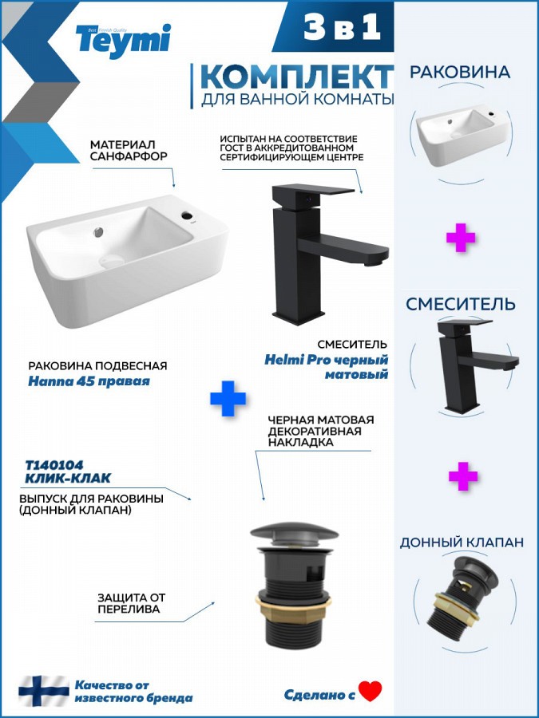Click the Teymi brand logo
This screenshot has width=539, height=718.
click(123, 41)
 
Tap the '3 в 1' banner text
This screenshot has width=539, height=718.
click(342, 26)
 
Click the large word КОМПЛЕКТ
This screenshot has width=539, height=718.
click(296, 77)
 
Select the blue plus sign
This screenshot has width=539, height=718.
click(228, 398)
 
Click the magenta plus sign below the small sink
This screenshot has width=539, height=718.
click(461, 238)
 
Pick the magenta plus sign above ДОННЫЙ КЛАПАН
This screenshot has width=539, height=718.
click(463, 476)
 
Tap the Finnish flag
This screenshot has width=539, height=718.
click(44, 691)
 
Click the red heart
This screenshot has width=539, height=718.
click(371, 692)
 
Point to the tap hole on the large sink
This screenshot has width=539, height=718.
click(188, 215)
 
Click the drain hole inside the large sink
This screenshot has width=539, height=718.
click(111, 261)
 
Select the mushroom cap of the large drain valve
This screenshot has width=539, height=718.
click(294, 533)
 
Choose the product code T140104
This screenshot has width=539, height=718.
click(54, 465)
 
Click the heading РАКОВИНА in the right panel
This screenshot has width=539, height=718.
click(460, 73)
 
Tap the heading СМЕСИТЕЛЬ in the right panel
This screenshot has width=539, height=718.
click(461, 304)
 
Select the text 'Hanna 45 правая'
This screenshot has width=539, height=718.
click(89, 381)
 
